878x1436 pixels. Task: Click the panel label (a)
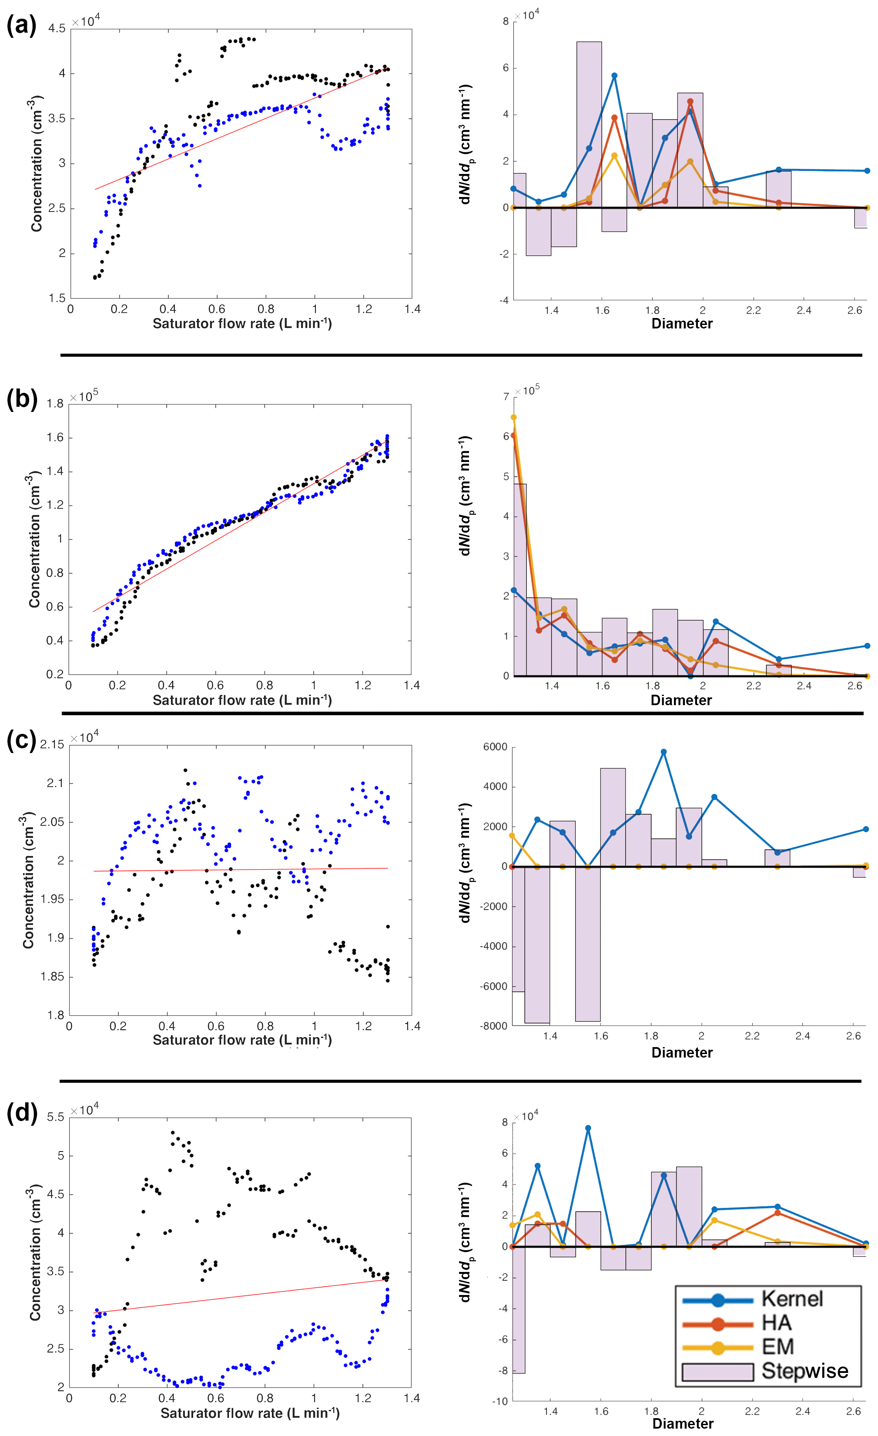click(22, 26)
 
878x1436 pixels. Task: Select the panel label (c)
click(22, 740)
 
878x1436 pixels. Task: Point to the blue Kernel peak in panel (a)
click(614, 76)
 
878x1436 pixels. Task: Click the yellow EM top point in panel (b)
click(514, 417)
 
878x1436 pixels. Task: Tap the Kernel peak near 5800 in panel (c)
click(664, 752)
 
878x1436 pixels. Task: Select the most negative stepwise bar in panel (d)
click(518, 1311)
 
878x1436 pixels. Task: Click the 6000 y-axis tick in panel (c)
click(495, 747)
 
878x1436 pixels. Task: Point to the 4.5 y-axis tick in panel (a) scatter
click(57, 29)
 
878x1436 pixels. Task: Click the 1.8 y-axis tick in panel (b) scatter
click(55, 404)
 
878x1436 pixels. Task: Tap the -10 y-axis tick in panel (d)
click(499, 1402)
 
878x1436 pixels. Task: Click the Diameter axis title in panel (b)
click(681, 700)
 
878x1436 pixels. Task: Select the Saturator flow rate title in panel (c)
click(242, 1040)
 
